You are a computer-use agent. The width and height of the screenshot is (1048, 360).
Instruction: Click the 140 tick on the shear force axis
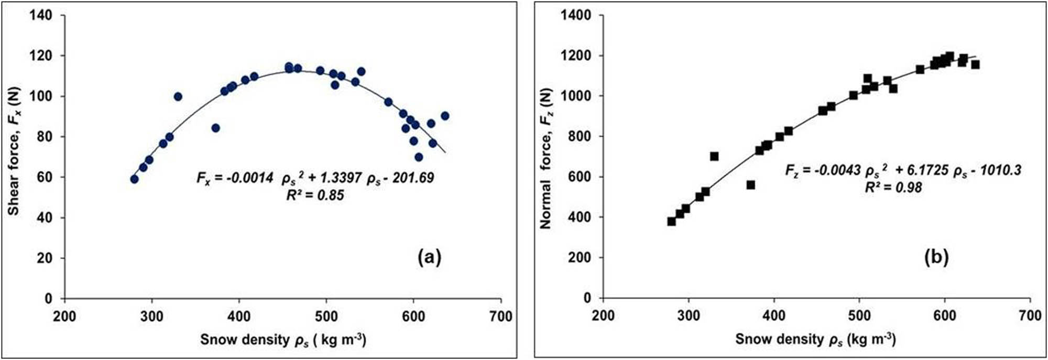pos(41,15)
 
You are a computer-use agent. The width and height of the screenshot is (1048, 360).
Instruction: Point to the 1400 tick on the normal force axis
pos(576,15)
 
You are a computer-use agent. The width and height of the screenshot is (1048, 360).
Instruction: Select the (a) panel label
pos(429,257)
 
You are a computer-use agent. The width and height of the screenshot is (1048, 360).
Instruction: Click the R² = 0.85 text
pos(315,195)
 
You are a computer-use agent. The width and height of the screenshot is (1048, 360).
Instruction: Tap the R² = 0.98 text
pos(893,187)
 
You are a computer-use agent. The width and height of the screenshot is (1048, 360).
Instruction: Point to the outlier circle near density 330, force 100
pos(178,96)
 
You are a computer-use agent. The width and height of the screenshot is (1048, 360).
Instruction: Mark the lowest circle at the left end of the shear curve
pos(134,179)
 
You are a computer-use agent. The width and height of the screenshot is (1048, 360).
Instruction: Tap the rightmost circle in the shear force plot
pos(445,116)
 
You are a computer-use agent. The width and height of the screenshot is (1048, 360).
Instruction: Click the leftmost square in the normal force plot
pos(671,222)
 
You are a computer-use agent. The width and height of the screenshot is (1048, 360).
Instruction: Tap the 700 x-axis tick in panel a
pos(501,316)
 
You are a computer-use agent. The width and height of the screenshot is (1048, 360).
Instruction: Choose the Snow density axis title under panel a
pos(283,340)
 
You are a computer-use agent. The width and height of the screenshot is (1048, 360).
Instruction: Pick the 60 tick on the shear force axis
pos(46,177)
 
